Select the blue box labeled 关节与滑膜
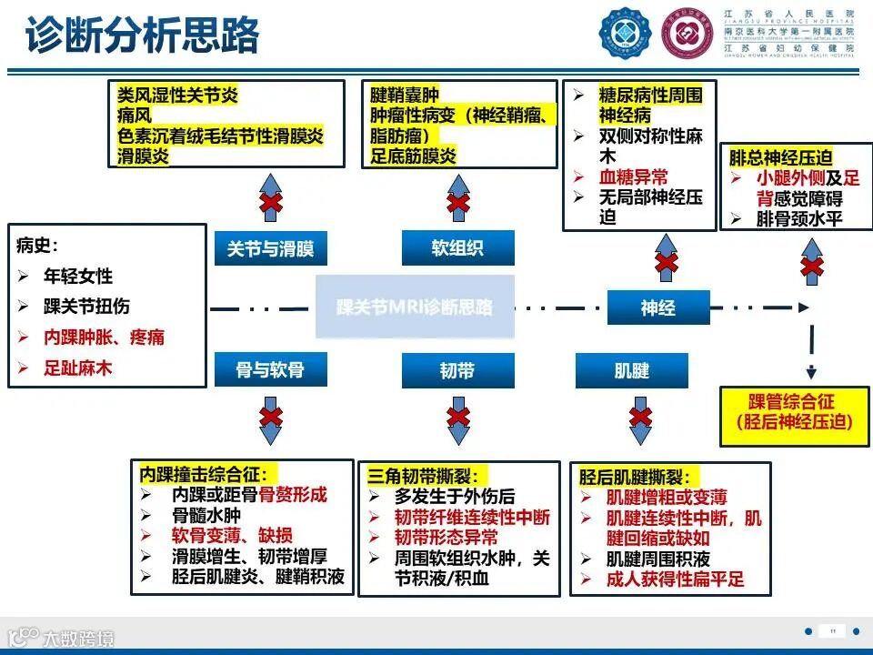click(270, 248)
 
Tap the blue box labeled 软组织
click(457, 248)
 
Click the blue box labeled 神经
click(657, 308)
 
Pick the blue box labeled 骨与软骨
click(270, 370)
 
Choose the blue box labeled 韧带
click(457, 370)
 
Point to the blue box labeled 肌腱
click(632, 370)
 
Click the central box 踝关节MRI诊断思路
click(414, 307)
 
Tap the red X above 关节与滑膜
click(270, 202)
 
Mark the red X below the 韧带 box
click(458, 418)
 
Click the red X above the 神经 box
click(667, 263)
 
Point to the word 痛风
click(135, 116)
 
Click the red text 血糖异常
click(633, 177)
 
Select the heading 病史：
click(38, 245)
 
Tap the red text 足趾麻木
click(78, 368)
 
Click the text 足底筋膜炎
click(413, 156)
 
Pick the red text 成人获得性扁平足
click(675, 579)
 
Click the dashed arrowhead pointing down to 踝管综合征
click(810, 371)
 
